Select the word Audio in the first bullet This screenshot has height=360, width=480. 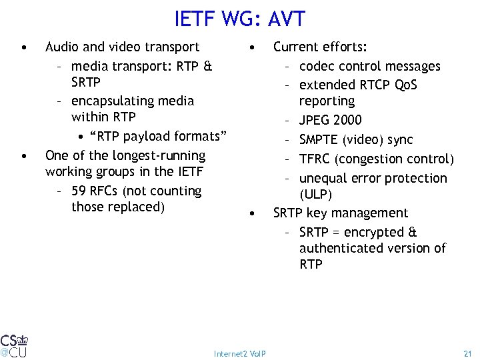tap(61, 47)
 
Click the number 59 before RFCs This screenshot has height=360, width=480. tap(79, 191)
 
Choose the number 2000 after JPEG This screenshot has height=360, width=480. tap(347, 121)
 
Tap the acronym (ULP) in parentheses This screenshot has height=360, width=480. tap(316, 194)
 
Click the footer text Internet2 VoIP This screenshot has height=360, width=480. tap(240, 353)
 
